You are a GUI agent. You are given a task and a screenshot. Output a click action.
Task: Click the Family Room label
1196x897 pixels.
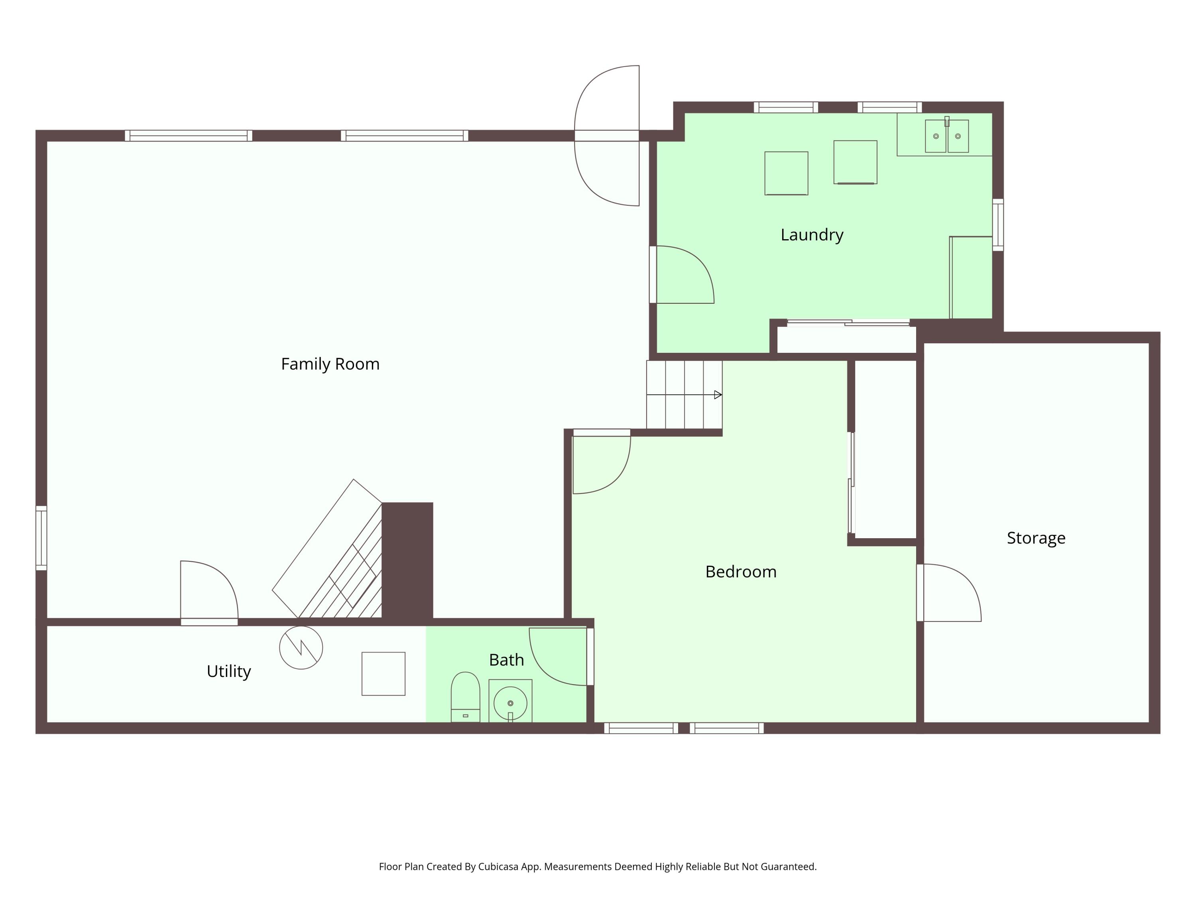point(330,364)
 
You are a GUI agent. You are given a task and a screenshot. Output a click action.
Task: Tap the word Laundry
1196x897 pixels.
point(812,235)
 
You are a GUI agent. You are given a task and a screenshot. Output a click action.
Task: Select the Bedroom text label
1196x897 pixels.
point(741,572)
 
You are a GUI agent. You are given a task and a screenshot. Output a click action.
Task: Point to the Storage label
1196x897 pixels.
point(1036,538)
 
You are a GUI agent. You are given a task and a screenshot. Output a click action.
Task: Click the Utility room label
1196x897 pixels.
point(229,671)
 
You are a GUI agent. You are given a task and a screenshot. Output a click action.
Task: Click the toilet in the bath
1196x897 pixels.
point(466,697)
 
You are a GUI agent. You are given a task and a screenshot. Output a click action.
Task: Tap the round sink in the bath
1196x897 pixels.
point(510,703)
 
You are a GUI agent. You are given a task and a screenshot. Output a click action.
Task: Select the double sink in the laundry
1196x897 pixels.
point(947,136)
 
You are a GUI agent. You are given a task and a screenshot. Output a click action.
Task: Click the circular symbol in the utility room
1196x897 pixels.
point(301,648)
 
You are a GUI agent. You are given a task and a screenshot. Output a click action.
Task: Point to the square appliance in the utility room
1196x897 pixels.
point(384,674)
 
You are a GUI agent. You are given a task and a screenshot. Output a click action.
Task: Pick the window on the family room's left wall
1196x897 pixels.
point(41,538)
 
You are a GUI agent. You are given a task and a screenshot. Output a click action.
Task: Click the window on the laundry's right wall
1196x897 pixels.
point(998,225)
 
